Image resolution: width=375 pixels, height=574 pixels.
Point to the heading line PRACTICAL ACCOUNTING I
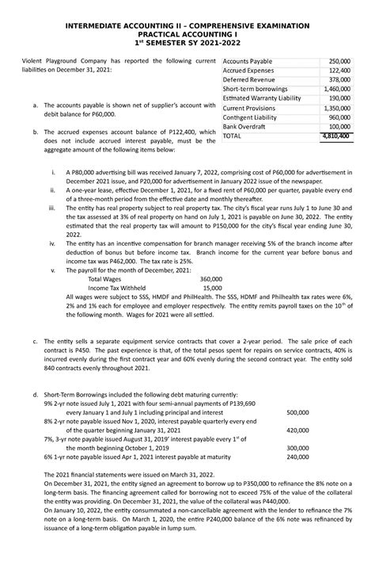coord(187,36)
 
